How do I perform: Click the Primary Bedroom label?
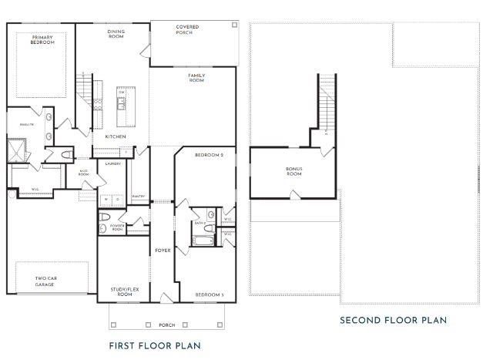click(x=43, y=39)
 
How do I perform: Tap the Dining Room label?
click(x=116, y=34)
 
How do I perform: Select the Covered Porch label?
click(x=187, y=29)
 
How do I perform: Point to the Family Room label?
click(x=196, y=77)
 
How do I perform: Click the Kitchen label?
click(x=116, y=136)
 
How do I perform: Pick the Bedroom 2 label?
click(x=209, y=156)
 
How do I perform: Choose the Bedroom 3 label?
click(x=209, y=294)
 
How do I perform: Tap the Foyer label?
click(x=163, y=251)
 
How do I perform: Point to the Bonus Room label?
click(x=294, y=171)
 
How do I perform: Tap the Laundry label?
click(x=113, y=163)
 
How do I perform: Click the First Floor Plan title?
click(x=155, y=345)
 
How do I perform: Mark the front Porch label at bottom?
click(x=167, y=325)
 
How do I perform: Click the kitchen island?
click(x=122, y=107)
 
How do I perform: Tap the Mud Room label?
click(x=84, y=174)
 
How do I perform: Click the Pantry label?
click(x=139, y=197)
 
